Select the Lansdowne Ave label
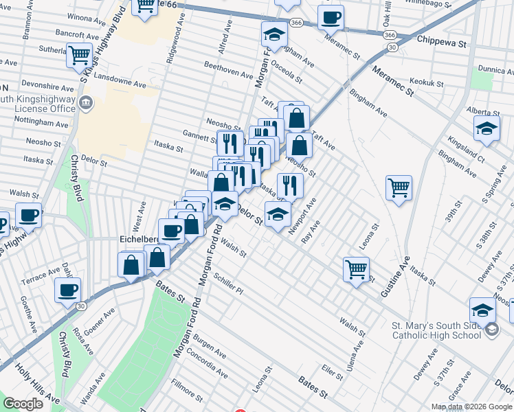[x=122, y=83]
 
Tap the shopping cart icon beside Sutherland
[x=79, y=54]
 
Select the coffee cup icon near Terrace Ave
[x=67, y=290]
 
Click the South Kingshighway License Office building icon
[x=87, y=104]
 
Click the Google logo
[x=23, y=404]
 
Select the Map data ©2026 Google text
[x=471, y=407]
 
